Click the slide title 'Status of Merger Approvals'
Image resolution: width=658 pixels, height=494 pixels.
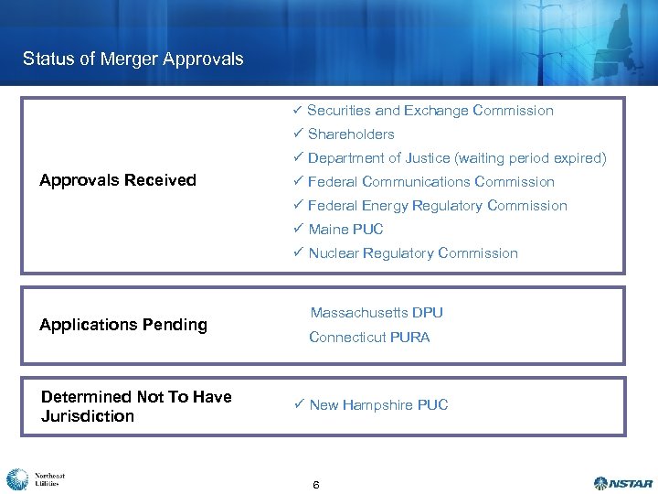133,59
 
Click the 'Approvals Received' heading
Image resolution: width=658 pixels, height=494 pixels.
118,180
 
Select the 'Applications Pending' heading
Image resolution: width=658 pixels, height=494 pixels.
123,325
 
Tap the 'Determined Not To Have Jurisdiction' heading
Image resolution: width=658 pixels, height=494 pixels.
136,406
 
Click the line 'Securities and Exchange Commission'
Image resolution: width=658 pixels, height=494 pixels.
430,111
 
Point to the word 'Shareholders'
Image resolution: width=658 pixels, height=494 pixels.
351,134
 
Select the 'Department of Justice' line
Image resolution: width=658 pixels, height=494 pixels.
456,158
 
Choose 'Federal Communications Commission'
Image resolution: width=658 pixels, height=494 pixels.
430,182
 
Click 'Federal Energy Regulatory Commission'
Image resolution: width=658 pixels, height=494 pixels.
437,206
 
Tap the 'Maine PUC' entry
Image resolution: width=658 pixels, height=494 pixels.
345,230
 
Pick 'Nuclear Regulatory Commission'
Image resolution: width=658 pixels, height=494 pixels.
412,253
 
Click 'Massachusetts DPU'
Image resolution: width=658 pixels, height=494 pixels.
377,313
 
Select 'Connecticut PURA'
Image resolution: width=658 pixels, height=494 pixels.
369,338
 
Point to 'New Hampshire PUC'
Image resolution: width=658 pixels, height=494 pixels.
378,405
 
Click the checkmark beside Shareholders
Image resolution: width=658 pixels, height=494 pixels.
298,134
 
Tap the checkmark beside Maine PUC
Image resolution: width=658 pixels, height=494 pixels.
298,230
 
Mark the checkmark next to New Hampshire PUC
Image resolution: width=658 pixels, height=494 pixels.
298,405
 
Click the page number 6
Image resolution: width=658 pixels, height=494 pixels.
315,484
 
